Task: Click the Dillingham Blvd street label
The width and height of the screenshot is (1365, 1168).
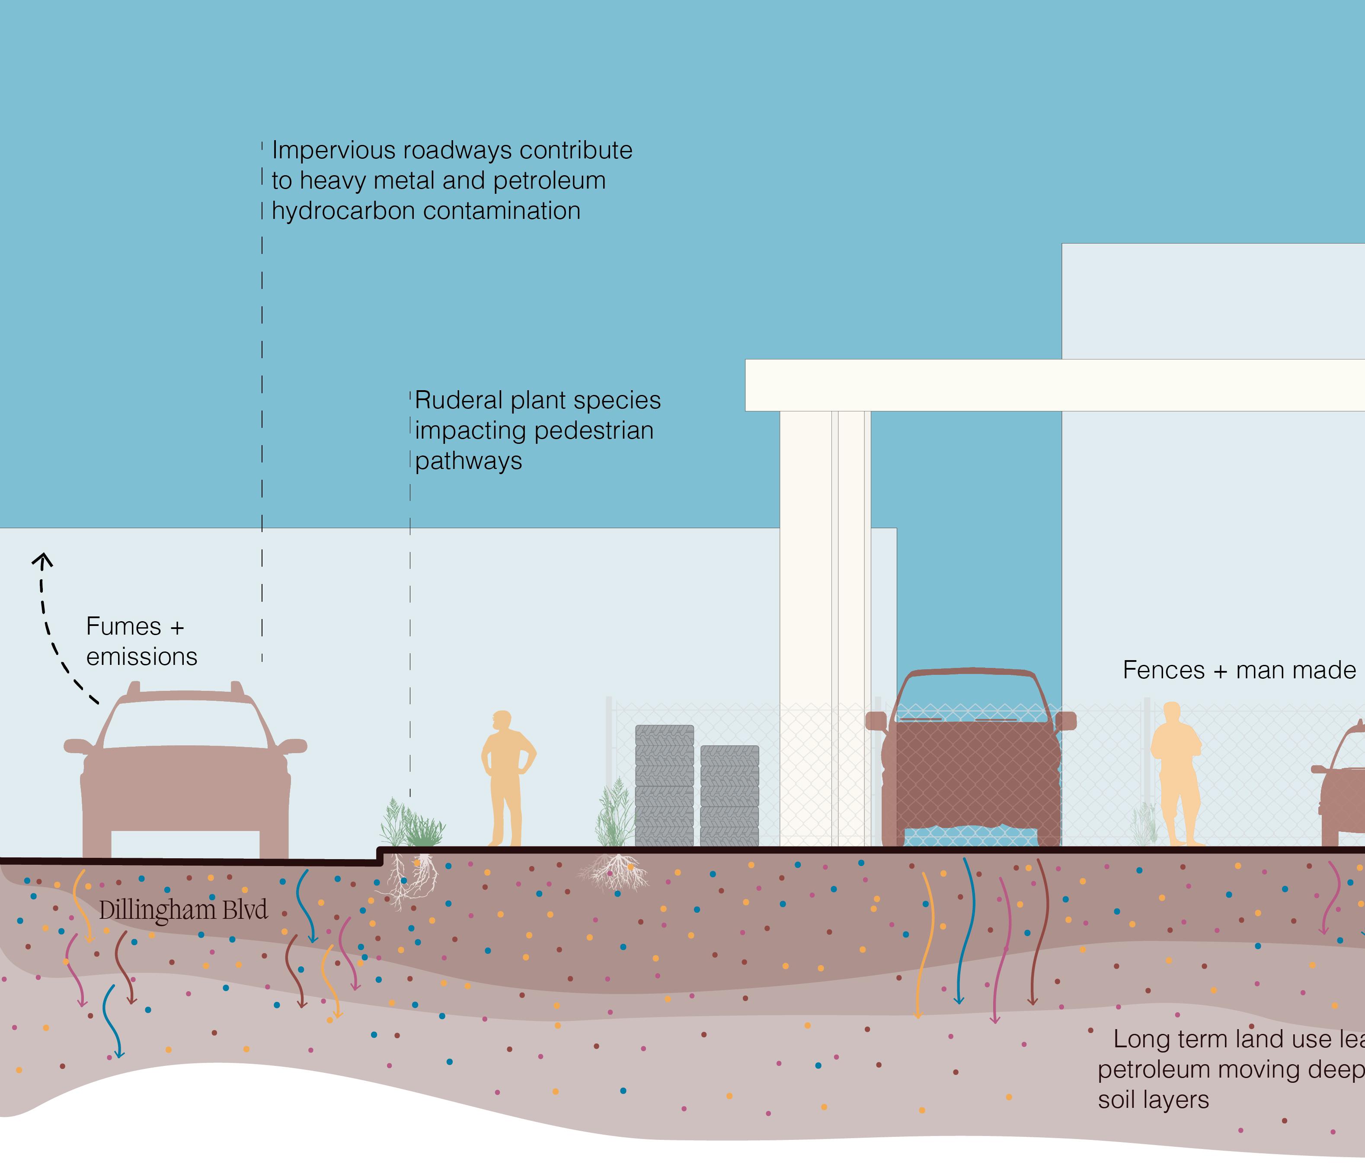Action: (183, 910)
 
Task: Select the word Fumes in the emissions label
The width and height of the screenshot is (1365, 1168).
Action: (124, 626)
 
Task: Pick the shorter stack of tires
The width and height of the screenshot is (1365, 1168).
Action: (729, 796)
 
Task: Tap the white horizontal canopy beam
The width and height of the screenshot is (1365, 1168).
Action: (1054, 385)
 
